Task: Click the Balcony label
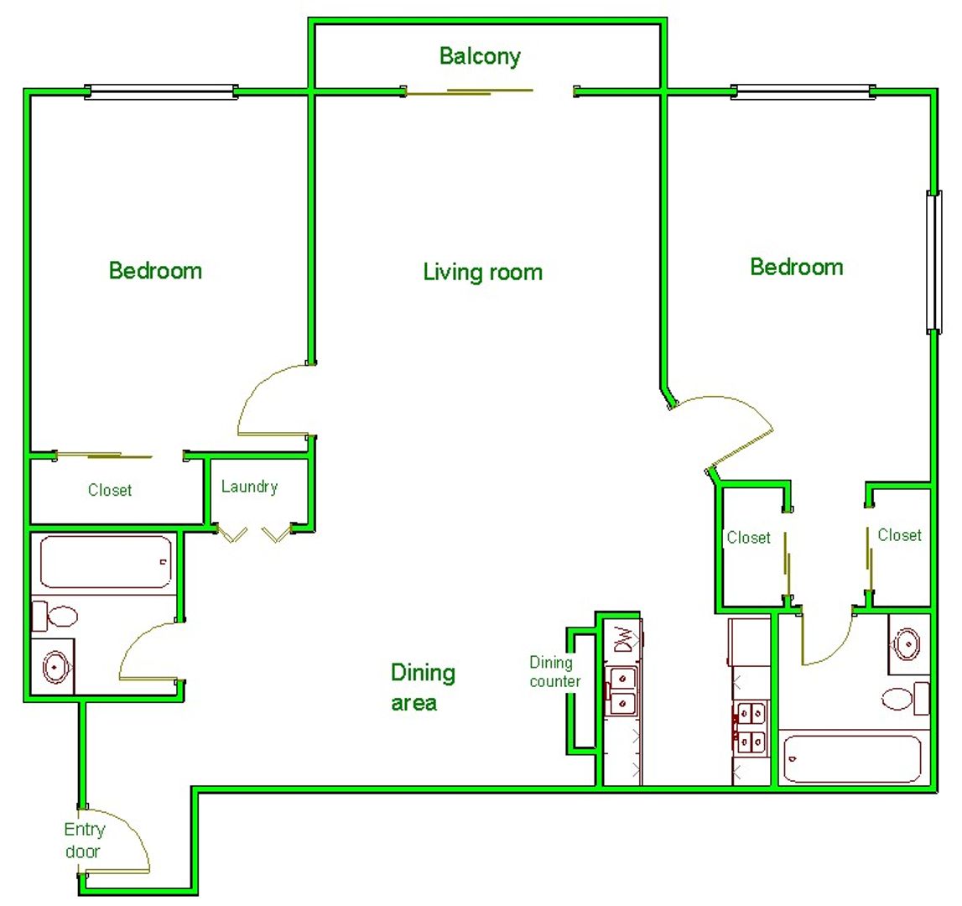(x=480, y=56)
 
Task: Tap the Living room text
(x=483, y=272)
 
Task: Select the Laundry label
(x=250, y=487)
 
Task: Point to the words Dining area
(x=424, y=688)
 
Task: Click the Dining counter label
(x=554, y=672)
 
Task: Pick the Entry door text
(x=85, y=841)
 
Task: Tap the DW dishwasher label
(x=623, y=640)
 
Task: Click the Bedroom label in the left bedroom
(x=155, y=271)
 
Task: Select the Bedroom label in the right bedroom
(x=796, y=267)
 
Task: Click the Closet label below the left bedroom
(x=110, y=490)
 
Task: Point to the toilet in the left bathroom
(x=55, y=616)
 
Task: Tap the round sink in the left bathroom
(x=55, y=667)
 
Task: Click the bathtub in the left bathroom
(x=107, y=562)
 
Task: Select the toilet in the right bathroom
(x=906, y=699)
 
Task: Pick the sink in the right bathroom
(x=907, y=644)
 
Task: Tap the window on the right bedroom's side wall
(x=933, y=262)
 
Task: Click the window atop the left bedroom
(x=161, y=92)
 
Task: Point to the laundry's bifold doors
(x=254, y=534)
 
